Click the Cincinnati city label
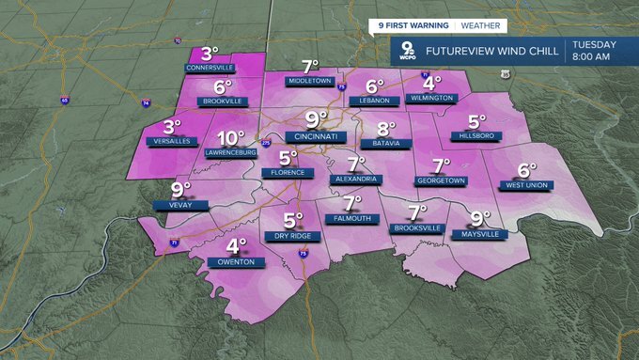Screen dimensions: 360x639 point(316,136)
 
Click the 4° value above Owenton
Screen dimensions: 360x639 point(235,246)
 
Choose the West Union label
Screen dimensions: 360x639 point(526,186)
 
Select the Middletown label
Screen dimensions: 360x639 point(311,82)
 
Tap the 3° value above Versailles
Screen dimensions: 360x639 point(172,127)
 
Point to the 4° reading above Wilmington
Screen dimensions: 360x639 point(432,82)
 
